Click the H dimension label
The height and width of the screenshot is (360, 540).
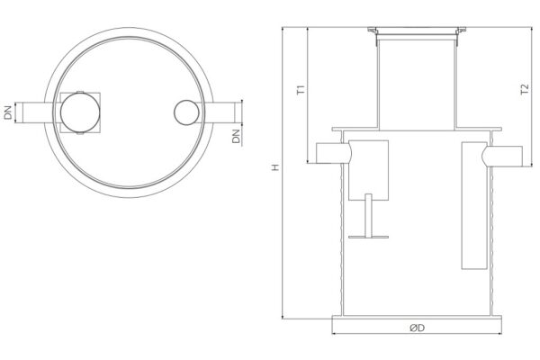[274, 167]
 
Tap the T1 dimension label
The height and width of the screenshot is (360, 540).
[301, 90]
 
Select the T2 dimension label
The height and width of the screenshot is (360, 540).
[525, 89]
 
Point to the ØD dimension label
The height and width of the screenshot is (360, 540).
[417, 328]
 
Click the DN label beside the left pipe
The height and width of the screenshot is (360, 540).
[8, 112]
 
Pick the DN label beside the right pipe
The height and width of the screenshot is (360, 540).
[236, 136]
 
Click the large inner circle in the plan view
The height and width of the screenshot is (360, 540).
[80, 112]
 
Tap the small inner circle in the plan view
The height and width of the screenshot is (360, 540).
[186, 112]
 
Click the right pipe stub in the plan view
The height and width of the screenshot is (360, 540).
[220, 112]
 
